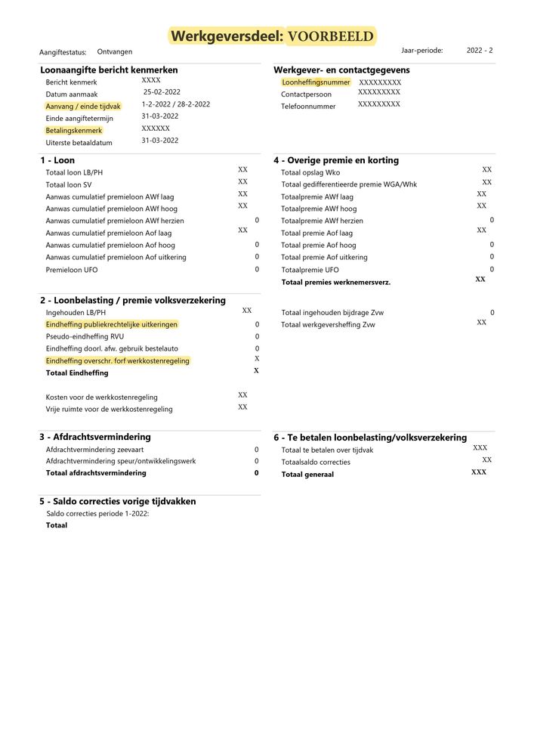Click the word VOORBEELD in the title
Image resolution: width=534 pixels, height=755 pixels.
(330, 36)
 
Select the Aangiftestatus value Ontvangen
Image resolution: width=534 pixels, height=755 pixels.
(115, 52)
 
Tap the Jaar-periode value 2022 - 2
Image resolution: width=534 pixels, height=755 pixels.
(480, 51)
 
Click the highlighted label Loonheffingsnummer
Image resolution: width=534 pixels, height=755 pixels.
(315, 82)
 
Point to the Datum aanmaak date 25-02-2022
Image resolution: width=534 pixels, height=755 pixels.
(162, 92)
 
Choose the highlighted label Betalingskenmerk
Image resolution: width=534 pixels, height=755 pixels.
(74, 131)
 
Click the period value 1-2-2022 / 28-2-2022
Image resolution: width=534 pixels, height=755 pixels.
(175, 104)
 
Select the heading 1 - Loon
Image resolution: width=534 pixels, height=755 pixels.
(57, 160)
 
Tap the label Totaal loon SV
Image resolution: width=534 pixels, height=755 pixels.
(69, 184)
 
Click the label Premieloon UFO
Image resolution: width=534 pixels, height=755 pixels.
(72, 270)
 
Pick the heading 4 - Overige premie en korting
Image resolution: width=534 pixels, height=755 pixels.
(335, 160)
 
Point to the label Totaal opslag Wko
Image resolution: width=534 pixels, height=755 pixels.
(310, 173)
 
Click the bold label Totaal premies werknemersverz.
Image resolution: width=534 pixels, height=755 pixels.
(335, 282)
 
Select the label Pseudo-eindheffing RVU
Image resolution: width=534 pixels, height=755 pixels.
(85, 336)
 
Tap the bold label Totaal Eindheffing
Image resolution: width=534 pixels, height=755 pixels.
(77, 373)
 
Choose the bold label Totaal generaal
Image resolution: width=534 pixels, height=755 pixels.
(307, 474)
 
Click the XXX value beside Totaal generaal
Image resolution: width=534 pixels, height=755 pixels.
(479, 472)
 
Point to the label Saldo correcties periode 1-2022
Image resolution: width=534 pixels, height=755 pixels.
(97, 514)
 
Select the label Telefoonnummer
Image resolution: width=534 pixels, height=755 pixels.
(308, 107)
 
